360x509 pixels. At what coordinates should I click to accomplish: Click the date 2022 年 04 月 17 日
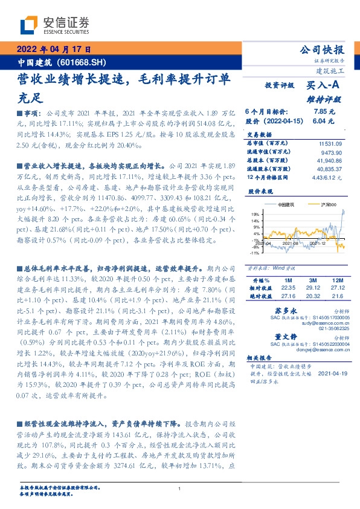tap(54, 50)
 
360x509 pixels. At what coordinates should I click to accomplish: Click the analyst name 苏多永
tap(275, 310)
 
